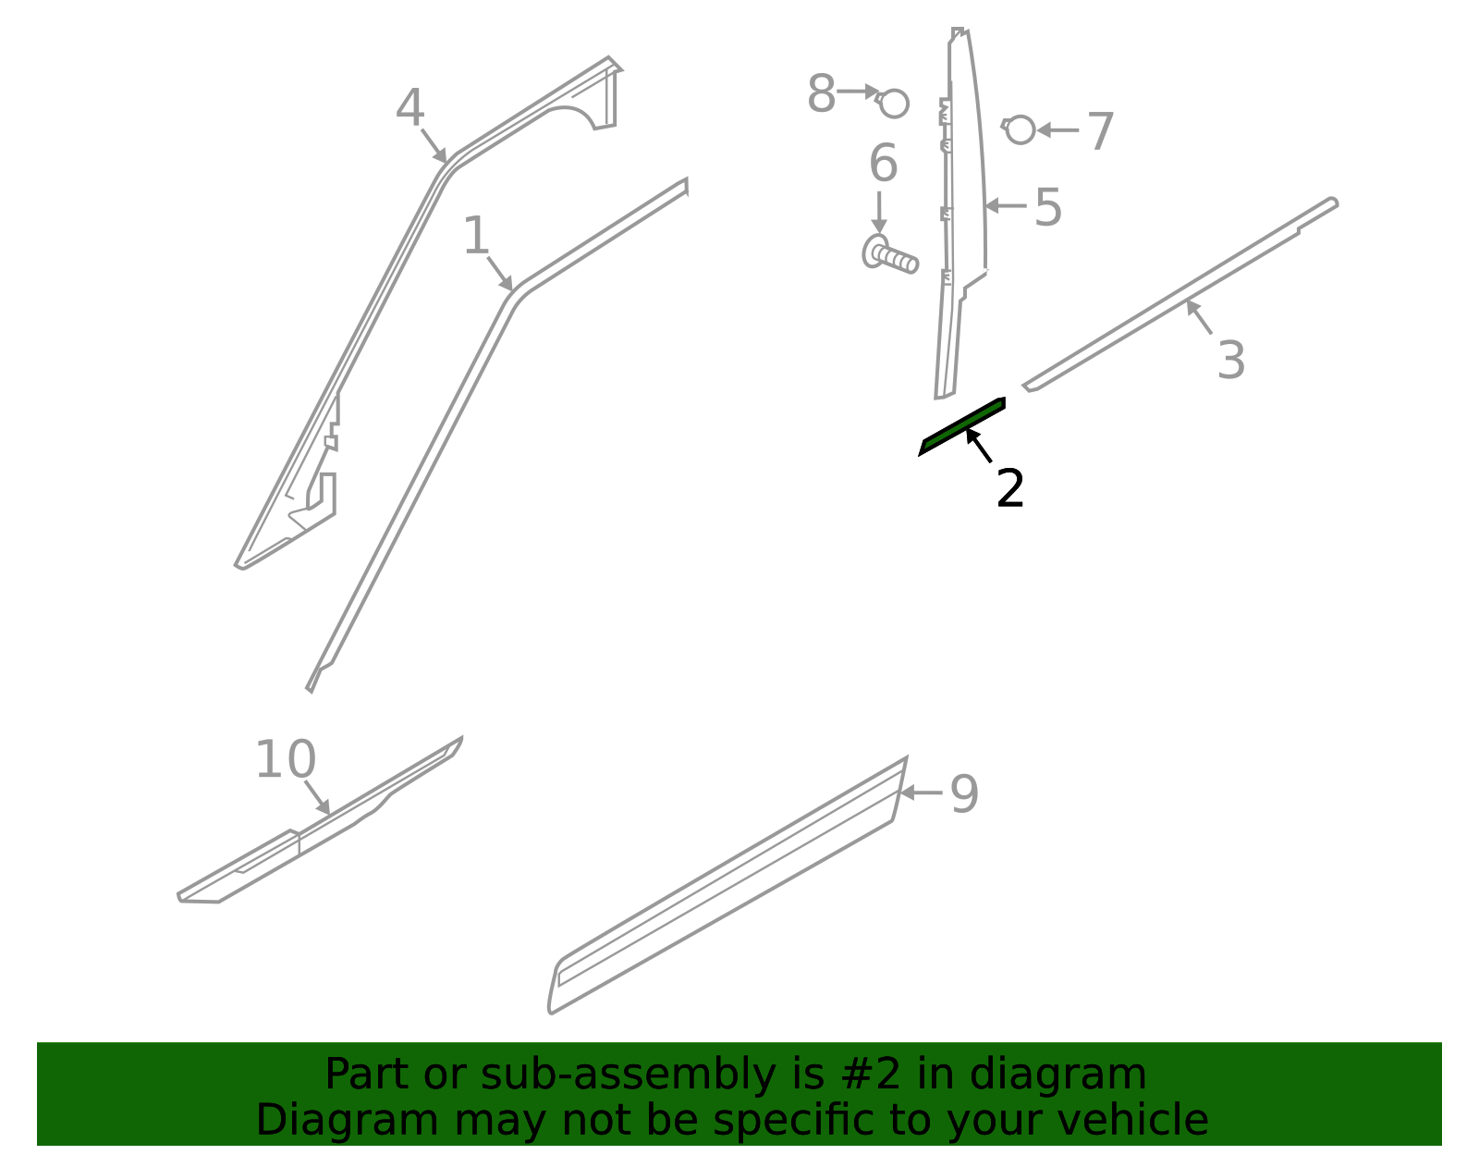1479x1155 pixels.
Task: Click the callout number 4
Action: coord(410,108)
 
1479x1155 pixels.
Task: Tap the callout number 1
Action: coord(475,236)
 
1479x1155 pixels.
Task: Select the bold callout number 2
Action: coord(1010,487)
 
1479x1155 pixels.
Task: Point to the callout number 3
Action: coord(1231,360)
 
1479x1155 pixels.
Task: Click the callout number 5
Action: coord(1048,207)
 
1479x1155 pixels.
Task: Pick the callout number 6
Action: coord(884,163)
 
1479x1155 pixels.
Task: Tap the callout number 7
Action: coord(1101,131)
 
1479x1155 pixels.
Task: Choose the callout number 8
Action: coord(821,93)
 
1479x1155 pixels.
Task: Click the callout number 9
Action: coord(964,793)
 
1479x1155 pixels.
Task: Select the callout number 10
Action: coord(286,759)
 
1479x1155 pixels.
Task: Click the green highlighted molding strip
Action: coord(961,426)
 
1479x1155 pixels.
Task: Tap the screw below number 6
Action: coord(890,254)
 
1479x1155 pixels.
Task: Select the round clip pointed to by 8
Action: coord(892,104)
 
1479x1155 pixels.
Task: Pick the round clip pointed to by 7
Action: coord(1019,129)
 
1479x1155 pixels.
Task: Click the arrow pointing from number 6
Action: coord(879,213)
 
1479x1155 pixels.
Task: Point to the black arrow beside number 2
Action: coord(979,445)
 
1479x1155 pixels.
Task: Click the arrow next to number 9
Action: coord(921,793)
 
